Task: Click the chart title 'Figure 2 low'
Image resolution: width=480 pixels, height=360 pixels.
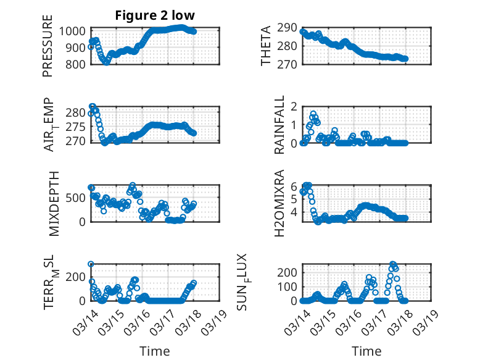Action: point(155,16)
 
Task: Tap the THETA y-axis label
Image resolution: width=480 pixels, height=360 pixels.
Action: point(266,46)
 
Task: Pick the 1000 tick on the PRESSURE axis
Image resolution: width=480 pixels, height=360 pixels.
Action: point(77,31)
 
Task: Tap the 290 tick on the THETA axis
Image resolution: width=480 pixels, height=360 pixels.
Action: point(290,27)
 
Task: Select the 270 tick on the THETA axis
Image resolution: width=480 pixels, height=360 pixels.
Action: point(290,64)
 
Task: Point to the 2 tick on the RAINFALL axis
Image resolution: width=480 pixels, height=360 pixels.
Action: point(294,106)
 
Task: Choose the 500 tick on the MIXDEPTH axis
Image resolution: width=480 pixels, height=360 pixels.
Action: point(78,198)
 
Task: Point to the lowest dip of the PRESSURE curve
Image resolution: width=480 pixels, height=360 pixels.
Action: point(107,62)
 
